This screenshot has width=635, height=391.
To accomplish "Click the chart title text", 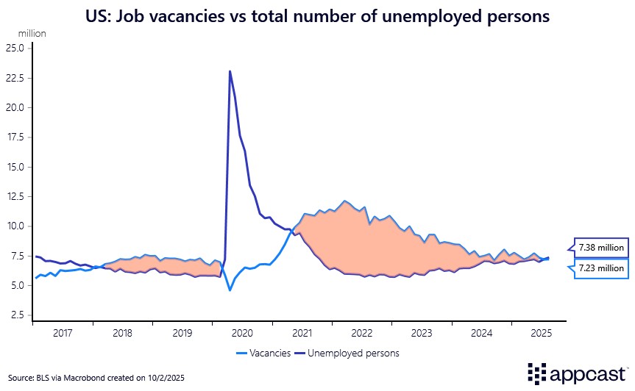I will pyautogui.click(x=317, y=17).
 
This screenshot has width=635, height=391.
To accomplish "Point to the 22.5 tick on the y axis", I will pyautogui.click(x=16, y=78).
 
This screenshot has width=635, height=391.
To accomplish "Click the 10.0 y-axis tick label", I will pyautogui.click(x=16, y=226).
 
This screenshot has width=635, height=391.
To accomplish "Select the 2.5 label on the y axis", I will pyautogui.click(x=18, y=315).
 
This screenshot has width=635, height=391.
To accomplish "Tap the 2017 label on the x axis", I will pyautogui.click(x=63, y=332).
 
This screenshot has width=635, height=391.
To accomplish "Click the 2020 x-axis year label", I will pyautogui.click(x=241, y=332).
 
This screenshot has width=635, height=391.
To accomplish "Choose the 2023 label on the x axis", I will pyautogui.click(x=422, y=332).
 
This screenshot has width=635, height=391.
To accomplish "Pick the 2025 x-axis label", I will pyautogui.click(x=541, y=332).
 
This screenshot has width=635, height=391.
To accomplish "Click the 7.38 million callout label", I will pyautogui.click(x=601, y=248).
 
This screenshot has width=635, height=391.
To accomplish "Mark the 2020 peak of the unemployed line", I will pyautogui.click(x=230, y=71).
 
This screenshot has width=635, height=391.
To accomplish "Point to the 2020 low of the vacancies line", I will pyautogui.click(x=230, y=290).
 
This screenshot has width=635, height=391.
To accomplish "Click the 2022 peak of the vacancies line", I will pyautogui.click(x=344, y=201).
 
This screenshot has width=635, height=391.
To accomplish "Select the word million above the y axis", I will pyautogui.click(x=32, y=34).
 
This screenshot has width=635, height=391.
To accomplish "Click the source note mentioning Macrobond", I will pyautogui.click(x=96, y=377).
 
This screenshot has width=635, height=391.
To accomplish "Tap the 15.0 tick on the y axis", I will pyautogui.click(x=16, y=167).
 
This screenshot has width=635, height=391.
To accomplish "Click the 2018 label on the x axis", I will pyautogui.click(x=122, y=332).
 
